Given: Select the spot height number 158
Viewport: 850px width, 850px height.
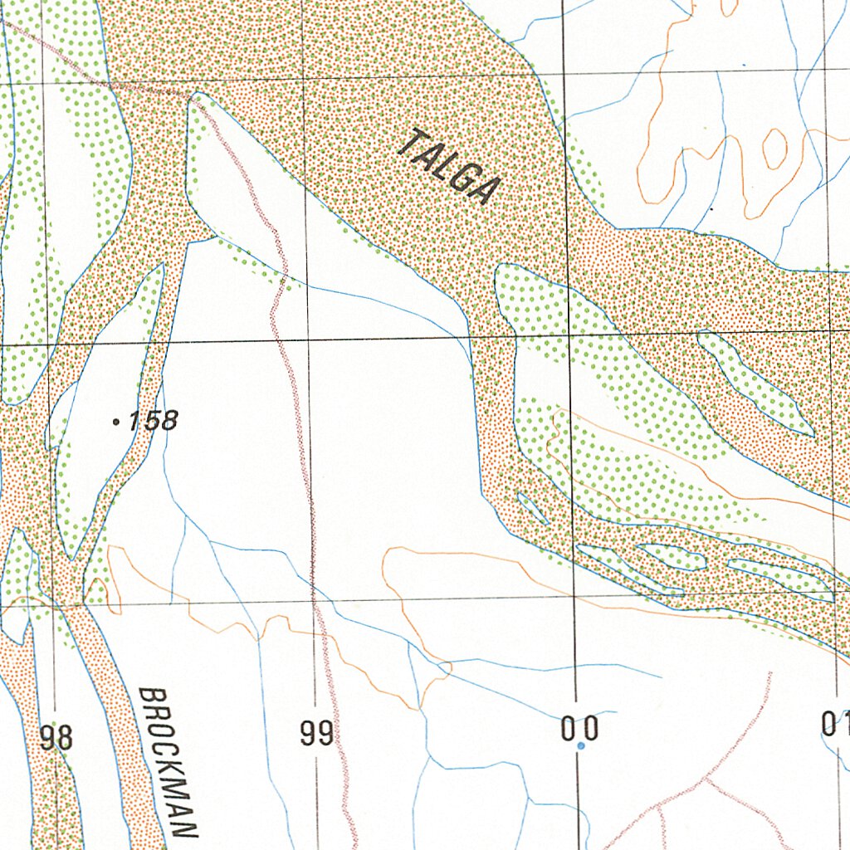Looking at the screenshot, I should point(154,421).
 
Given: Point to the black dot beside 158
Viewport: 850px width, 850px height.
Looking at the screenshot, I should point(115,423).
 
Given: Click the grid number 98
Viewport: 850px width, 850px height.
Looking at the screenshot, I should point(56,737).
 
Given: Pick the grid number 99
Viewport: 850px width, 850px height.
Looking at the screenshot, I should point(316,734).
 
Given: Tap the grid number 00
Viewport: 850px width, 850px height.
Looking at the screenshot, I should point(579,730).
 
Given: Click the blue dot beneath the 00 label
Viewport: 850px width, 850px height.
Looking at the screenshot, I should point(580,746).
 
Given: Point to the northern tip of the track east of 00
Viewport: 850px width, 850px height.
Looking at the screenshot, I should point(771,673).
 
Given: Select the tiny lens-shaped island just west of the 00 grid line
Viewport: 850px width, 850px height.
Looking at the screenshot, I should point(532,508).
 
